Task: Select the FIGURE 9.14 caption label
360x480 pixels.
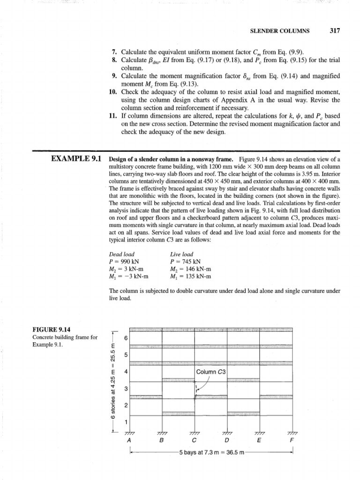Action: [48, 330]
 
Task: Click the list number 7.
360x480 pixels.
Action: [114, 51]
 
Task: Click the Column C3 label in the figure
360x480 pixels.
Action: [211, 372]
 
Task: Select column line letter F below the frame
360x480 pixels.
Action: [292, 441]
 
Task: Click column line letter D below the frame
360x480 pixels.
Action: [227, 441]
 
